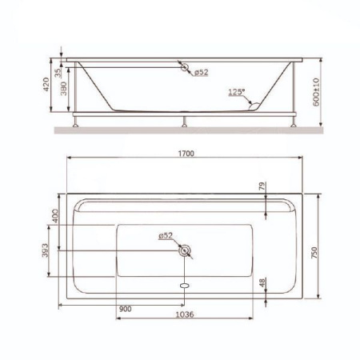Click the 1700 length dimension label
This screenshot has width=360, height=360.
point(186,154)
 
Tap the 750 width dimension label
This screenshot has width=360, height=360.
point(314,253)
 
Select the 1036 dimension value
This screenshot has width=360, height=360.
point(185,314)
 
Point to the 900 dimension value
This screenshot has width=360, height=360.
point(126,309)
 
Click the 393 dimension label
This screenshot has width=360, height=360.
point(46,250)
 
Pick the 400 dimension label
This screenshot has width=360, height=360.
point(55,216)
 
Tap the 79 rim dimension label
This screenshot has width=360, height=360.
point(262,186)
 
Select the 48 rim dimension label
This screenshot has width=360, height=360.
point(262,282)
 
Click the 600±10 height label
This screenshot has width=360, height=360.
point(316,92)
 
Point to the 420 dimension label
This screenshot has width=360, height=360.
point(46,84)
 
